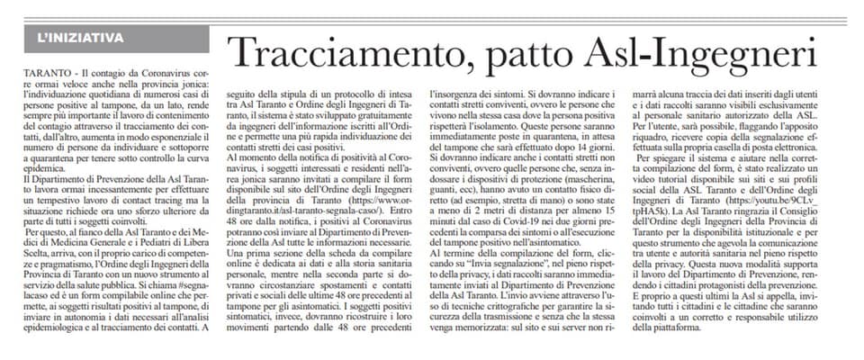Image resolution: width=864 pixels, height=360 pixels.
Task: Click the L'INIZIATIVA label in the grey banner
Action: (x=82, y=37)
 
